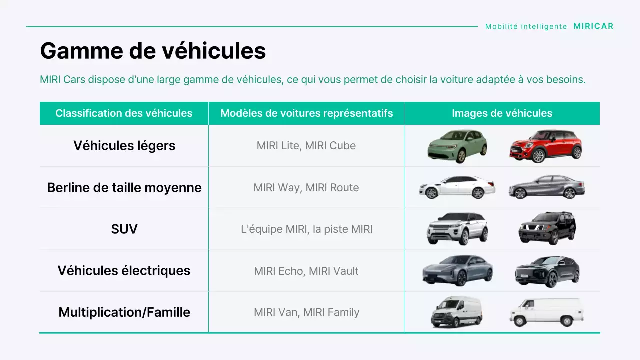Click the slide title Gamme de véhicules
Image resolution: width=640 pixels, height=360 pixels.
pyautogui.click(x=153, y=51)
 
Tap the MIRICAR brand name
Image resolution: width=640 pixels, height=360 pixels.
pyautogui.click(x=593, y=26)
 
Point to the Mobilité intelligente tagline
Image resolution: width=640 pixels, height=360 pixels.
pyautogui.click(x=526, y=26)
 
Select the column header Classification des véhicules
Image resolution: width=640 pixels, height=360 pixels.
pyautogui.click(x=124, y=113)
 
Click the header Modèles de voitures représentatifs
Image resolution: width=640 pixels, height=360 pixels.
pyautogui.click(x=306, y=113)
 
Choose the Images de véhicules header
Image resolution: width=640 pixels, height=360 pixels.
pyautogui.click(x=502, y=113)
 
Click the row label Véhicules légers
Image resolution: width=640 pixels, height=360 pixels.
pyautogui.click(x=124, y=145)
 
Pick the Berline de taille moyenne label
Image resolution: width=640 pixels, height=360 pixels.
pyautogui.click(x=124, y=187)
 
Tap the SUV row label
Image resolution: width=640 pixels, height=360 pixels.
pyautogui.click(x=124, y=229)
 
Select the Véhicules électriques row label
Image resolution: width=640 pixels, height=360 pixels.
pyautogui.click(x=124, y=271)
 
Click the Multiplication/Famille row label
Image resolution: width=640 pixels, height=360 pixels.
pyautogui.click(x=124, y=312)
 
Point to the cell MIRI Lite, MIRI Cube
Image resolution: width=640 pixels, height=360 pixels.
pyautogui.click(x=306, y=146)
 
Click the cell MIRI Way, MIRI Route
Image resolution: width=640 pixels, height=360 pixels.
pyautogui.click(x=306, y=188)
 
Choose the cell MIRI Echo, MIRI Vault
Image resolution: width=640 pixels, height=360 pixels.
pyautogui.click(x=306, y=271)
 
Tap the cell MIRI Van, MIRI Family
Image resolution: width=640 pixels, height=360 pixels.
pyautogui.click(x=306, y=312)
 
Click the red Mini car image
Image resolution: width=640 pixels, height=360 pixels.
pyautogui.click(x=546, y=146)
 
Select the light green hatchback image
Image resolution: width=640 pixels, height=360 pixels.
pyautogui.click(x=457, y=146)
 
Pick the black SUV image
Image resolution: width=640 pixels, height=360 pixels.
pyautogui.click(x=547, y=228)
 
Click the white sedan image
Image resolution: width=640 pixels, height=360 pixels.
pyautogui.click(x=457, y=187)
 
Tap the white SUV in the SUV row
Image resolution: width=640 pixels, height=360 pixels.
pyautogui.click(x=457, y=228)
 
